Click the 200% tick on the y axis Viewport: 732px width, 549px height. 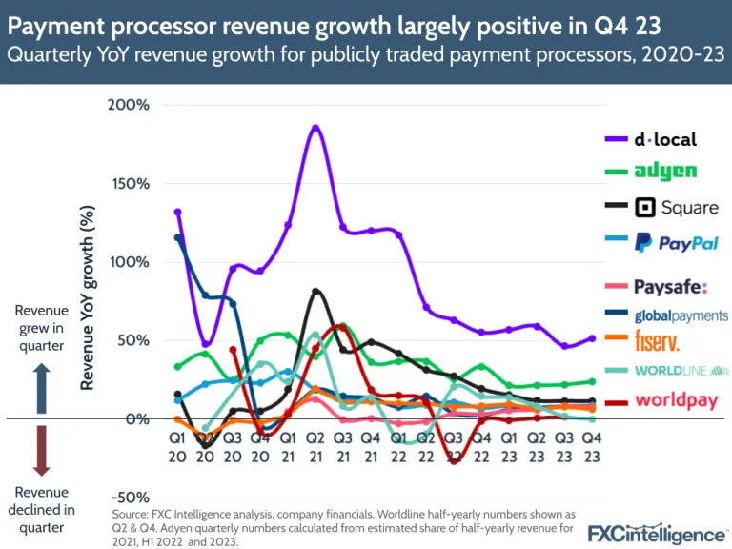point(131,104)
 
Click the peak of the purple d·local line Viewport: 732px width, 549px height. point(315,127)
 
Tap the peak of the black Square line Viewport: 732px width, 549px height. point(316,291)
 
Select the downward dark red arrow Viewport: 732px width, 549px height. point(40,451)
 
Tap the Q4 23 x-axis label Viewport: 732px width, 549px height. point(592,447)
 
